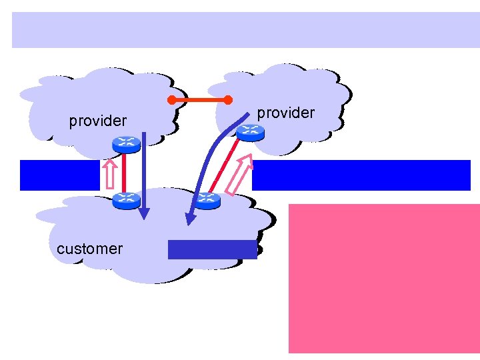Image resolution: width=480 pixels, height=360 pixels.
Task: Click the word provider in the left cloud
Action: pos(97,121)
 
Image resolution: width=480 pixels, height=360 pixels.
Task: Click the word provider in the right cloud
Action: pos(285,113)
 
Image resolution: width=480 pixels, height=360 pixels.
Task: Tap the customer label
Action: pos(89,249)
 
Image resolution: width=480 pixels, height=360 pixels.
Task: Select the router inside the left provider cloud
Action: pos(125,143)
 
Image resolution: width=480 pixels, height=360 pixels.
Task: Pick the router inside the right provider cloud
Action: pos(250,133)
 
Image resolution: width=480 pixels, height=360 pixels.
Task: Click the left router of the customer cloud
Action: pos(125,198)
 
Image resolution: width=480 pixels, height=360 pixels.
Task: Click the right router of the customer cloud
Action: pos(207,199)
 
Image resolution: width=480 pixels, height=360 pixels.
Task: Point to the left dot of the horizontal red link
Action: pos(171,101)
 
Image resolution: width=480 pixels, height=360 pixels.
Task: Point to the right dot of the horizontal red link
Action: pos(227,101)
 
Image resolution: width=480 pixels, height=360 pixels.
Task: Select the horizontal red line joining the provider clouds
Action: pos(199,101)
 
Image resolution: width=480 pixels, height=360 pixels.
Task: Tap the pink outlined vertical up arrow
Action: pos(110,174)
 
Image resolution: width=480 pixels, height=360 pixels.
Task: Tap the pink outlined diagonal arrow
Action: pos(239,175)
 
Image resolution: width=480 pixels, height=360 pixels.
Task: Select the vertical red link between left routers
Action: pos(125,171)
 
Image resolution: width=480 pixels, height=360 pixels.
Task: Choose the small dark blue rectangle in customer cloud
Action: pos(212,249)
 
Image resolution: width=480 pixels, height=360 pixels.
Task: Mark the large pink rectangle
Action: pos(383,278)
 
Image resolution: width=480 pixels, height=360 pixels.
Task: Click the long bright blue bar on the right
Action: pos(361,175)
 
